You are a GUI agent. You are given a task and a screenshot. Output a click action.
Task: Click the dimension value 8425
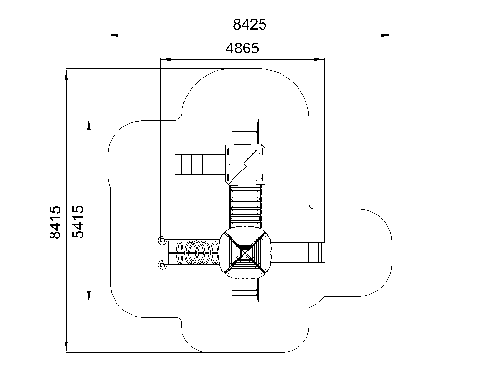tap(249, 24)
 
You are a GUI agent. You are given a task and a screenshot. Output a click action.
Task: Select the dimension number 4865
tap(242, 48)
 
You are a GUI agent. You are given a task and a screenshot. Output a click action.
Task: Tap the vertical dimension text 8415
tap(55, 222)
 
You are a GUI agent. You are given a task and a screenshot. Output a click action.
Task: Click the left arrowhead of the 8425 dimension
tap(113, 35)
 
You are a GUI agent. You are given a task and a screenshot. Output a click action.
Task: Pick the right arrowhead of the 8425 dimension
tap(386, 35)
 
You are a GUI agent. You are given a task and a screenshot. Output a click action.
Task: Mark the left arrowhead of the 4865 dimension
tap(166, 59)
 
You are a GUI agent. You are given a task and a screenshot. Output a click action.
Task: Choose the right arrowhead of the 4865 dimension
tap(319, 59)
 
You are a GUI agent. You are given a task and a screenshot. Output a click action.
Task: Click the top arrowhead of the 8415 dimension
tap(66, 74)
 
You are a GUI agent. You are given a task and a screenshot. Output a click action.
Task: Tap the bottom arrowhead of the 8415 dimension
tap(66, 347)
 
